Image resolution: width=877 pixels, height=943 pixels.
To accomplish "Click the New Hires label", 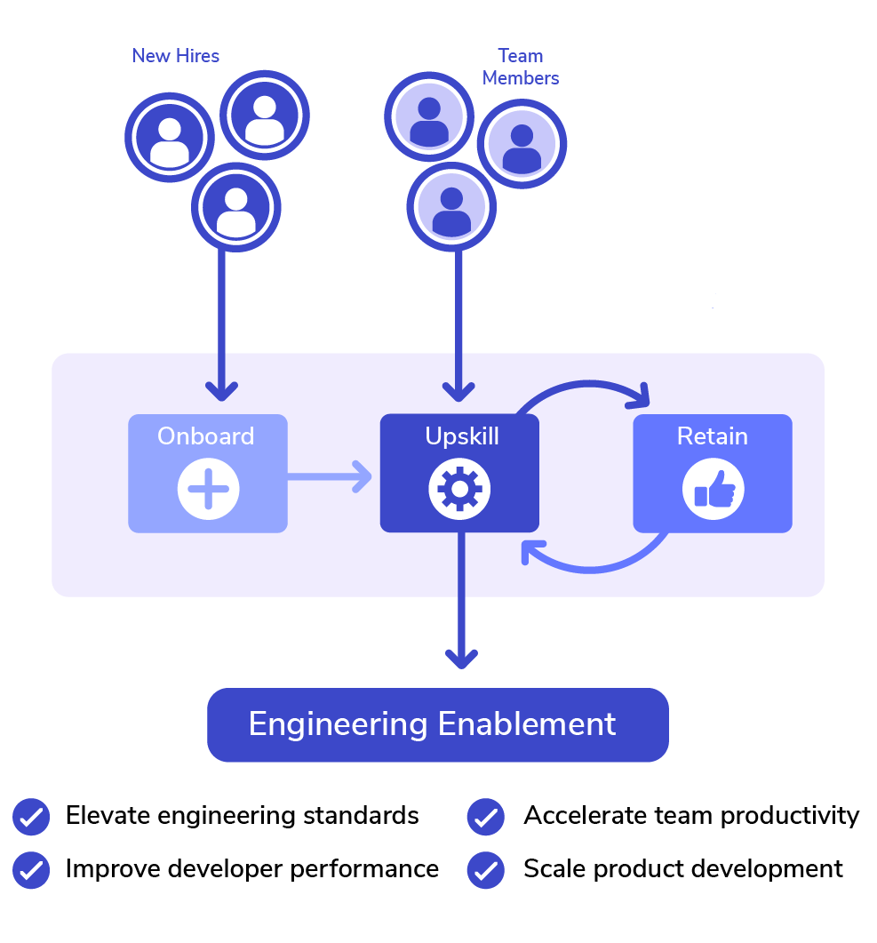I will pyautogui.click(x=175, y=56).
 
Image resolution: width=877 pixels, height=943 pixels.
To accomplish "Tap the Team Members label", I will pyautogui.click(x=521, y=67).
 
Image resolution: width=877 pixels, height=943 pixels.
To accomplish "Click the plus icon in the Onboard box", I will pyautogui.click(x=208, y=490).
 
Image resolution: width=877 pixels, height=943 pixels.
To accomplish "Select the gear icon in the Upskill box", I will pyautogui.click(x=459, y=490).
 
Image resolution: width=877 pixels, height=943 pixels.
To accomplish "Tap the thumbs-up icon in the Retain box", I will pyautogui.click(x=713, y=490).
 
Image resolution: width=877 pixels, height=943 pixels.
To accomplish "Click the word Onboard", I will pyautogui.click(x=206, y=436).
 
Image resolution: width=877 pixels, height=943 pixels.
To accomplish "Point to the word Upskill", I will pyautogui.click(x=460, y=436).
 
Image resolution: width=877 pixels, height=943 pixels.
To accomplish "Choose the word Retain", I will pyautogui.click(x=713, y=436).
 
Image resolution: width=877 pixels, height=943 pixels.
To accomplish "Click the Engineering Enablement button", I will pyautogui.click(x=437, y=724).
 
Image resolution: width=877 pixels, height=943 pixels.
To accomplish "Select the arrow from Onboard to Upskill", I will pyautogui.click(x=329, y=476).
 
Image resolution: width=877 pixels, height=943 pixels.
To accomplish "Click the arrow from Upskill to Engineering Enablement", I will pyautogui.click(x=460, y=604).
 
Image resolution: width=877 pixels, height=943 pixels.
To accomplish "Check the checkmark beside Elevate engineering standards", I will pyautogui.click(x=31, y=816).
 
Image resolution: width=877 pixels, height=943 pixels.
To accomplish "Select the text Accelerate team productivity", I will pyautogui.click(x=691, y=815).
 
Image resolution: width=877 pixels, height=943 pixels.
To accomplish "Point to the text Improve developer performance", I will pyautogui.click(x=252, y=868).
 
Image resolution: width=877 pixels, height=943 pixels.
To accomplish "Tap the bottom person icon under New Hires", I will pyautogui.click(x=235, y=208).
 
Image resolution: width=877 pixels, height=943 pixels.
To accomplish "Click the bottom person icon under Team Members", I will pyautogui.click(x=451, y=208).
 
